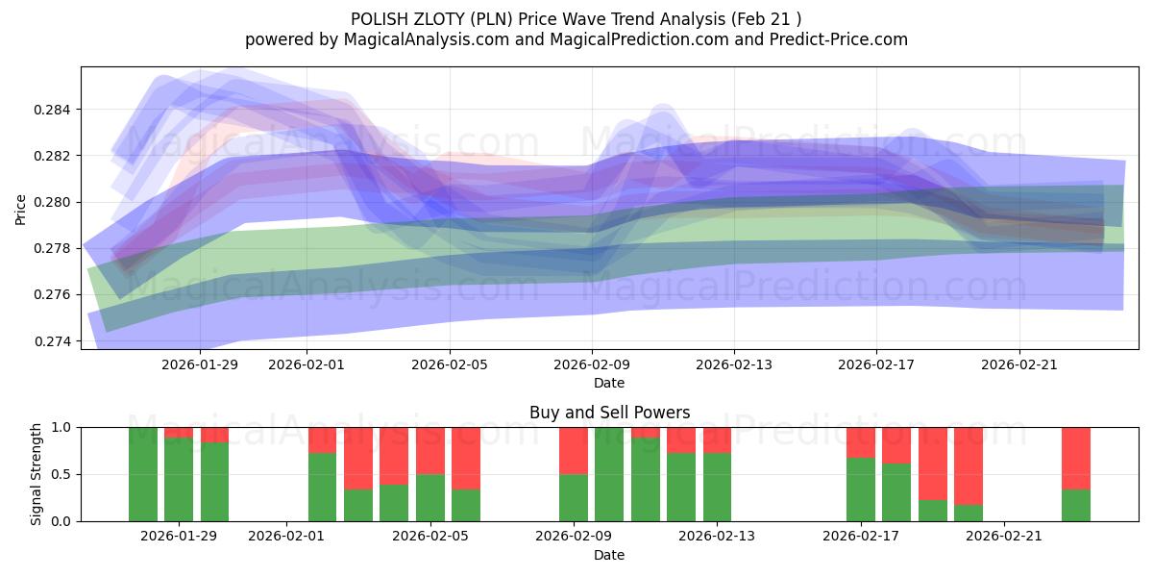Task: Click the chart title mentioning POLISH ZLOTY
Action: click(576, 19)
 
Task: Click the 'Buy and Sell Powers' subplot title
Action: click(609, 413)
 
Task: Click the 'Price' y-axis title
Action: click(21, 208)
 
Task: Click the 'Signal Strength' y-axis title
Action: click(37, 474)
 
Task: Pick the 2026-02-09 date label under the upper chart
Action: click(592, 364)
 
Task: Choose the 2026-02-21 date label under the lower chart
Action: click(1003, 537)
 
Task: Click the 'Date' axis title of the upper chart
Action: click(609, 383)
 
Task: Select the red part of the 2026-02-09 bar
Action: click(574, 450)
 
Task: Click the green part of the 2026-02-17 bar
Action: click(860, 489)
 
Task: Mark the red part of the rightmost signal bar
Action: click(1075, 458)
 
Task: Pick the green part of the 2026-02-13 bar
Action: click(717, 487)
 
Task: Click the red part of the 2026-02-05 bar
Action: click(429, 450)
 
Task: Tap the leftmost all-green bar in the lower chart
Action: click(143, 474)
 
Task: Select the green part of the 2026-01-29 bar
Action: click(179, 480)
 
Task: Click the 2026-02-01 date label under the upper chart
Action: click(307, 364)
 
